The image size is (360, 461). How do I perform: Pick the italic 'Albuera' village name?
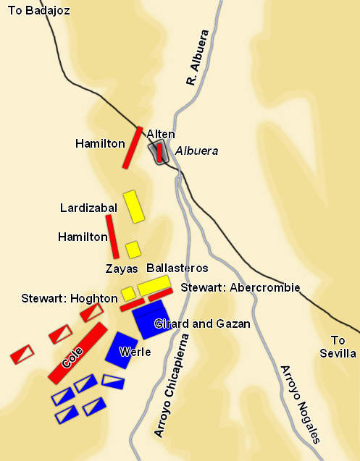pos(196,151)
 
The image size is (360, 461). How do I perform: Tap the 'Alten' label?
pos(160,134)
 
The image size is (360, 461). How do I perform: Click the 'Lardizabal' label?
pos(88,208)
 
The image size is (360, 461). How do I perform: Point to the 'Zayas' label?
pos(122,268)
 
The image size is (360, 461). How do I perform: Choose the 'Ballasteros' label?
pos(177,268)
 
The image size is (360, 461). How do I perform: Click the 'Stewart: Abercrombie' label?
pos(240,287)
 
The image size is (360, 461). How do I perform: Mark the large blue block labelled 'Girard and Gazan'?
pos(154,319)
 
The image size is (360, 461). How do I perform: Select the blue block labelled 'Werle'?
pos(122,350)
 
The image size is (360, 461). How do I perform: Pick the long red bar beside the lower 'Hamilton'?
pos(112,236)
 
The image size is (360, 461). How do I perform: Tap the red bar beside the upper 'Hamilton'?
pos(133,148)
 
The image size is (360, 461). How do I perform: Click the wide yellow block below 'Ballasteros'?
pos(154,285)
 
